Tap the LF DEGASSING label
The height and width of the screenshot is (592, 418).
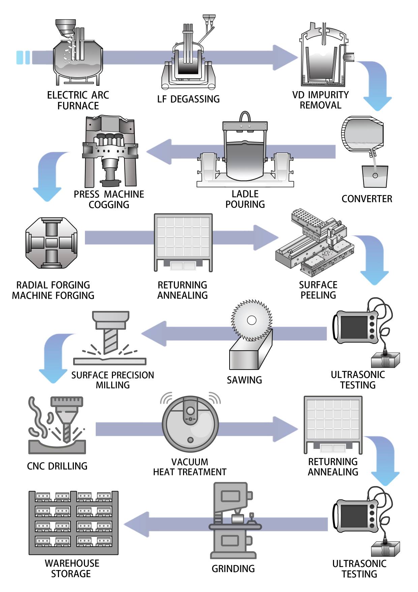tap(188, 99)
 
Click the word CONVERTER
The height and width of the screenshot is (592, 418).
tap(367, 199)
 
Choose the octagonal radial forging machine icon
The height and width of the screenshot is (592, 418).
tap(52, 243)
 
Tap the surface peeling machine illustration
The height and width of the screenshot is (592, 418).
tap(315, 243)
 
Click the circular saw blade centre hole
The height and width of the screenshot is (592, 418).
tap(251, 320)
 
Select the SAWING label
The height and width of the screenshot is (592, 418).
tap(244, 380)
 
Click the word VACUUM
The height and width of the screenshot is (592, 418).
tap(189, 462)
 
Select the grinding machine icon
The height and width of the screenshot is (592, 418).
tap(233, 521)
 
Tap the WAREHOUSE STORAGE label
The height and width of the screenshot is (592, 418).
tap(72, 568)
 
